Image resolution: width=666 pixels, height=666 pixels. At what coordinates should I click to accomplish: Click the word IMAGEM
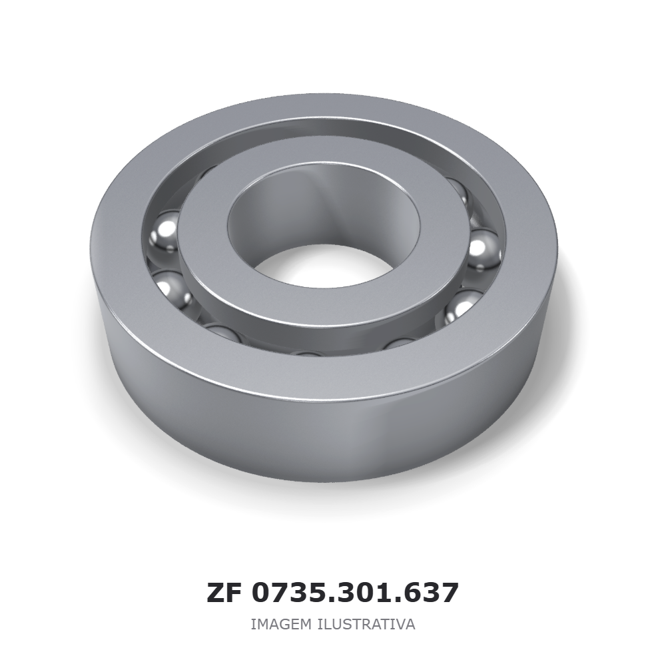[x=281, y=625]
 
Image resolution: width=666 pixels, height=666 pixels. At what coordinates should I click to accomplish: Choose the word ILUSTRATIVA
[x=366, y=625]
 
